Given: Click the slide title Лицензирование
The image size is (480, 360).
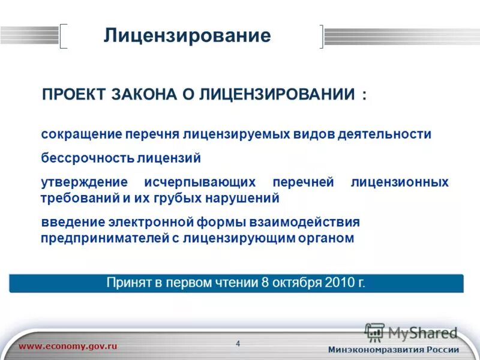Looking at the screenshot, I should click(x=187, y=35).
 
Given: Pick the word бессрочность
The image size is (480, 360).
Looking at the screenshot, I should click(x=87, y=158).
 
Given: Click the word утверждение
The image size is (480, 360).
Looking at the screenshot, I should click(x=84, y=182).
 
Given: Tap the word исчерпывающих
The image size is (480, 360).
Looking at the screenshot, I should click(x=200, y=182).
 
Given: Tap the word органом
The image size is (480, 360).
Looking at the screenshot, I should click(x=326, y=238).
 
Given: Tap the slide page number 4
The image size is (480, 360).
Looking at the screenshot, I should click(x=238, y=344).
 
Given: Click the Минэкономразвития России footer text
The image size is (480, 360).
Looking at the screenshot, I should click(x=394, y=350).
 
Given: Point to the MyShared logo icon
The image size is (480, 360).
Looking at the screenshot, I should click(x=374, y=332).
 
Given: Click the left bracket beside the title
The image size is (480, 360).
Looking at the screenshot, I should click(x=63, y=35).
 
